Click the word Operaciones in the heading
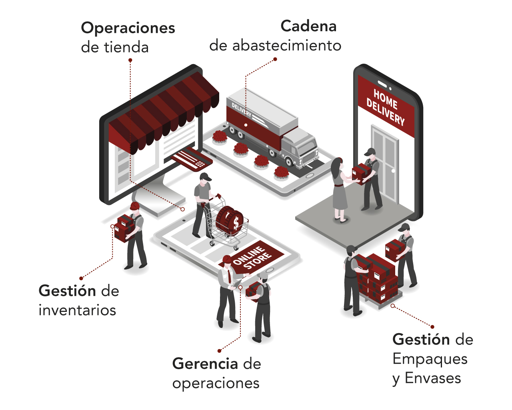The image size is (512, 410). click(128, 28)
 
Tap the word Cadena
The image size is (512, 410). click(308, 26)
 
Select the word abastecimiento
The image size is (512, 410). click(286, 45)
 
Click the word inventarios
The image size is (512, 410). click(77, 310)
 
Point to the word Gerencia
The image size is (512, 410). click(205, 364)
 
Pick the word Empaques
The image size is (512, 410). click(430, 359)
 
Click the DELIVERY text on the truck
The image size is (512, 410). click(242, 110)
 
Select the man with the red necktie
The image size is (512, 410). click(227, 288)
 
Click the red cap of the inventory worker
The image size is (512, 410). click(135, 206)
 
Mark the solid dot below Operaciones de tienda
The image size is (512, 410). click(130, 60)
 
